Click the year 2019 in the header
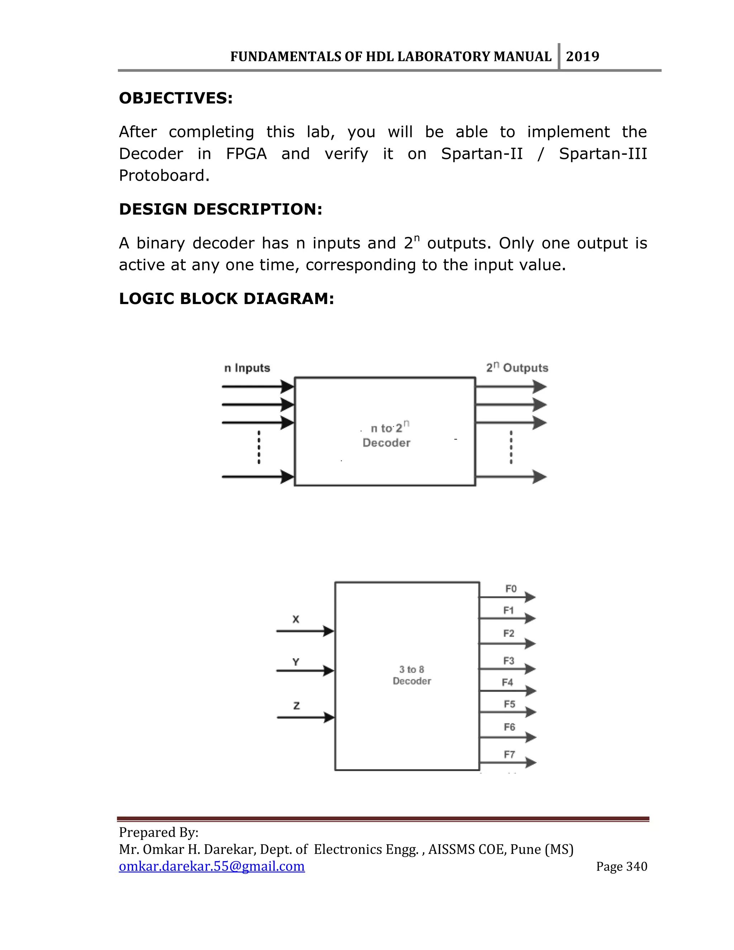coord(582,57)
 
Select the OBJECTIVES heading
coord(176,98)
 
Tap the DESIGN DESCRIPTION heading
coord(220,209)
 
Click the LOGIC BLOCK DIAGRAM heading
coord(226,299)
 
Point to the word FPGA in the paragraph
coord(246,154)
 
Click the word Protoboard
coord(164,176)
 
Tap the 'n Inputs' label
coord(247,368)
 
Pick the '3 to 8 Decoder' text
coord(412,675)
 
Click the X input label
coord(296,619)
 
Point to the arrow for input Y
coord(305,670)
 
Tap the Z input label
coord(296,706)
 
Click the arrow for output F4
coord(507,691)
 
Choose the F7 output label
coord(509,754)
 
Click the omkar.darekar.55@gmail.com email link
coord(212,866)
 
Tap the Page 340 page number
coord(621,866)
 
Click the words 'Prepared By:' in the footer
coord(159,832)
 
